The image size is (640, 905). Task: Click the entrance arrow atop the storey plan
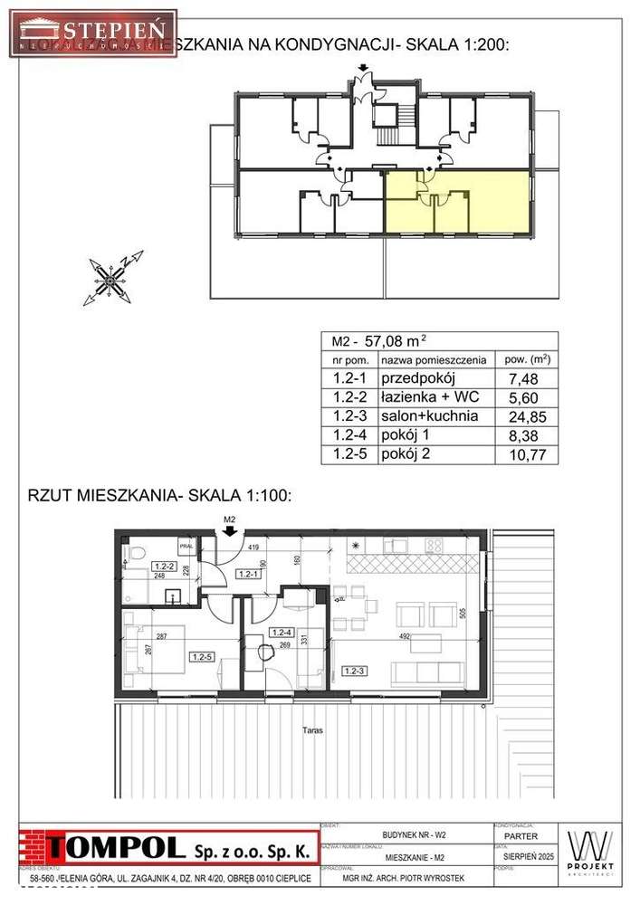(x=362, y=69)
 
